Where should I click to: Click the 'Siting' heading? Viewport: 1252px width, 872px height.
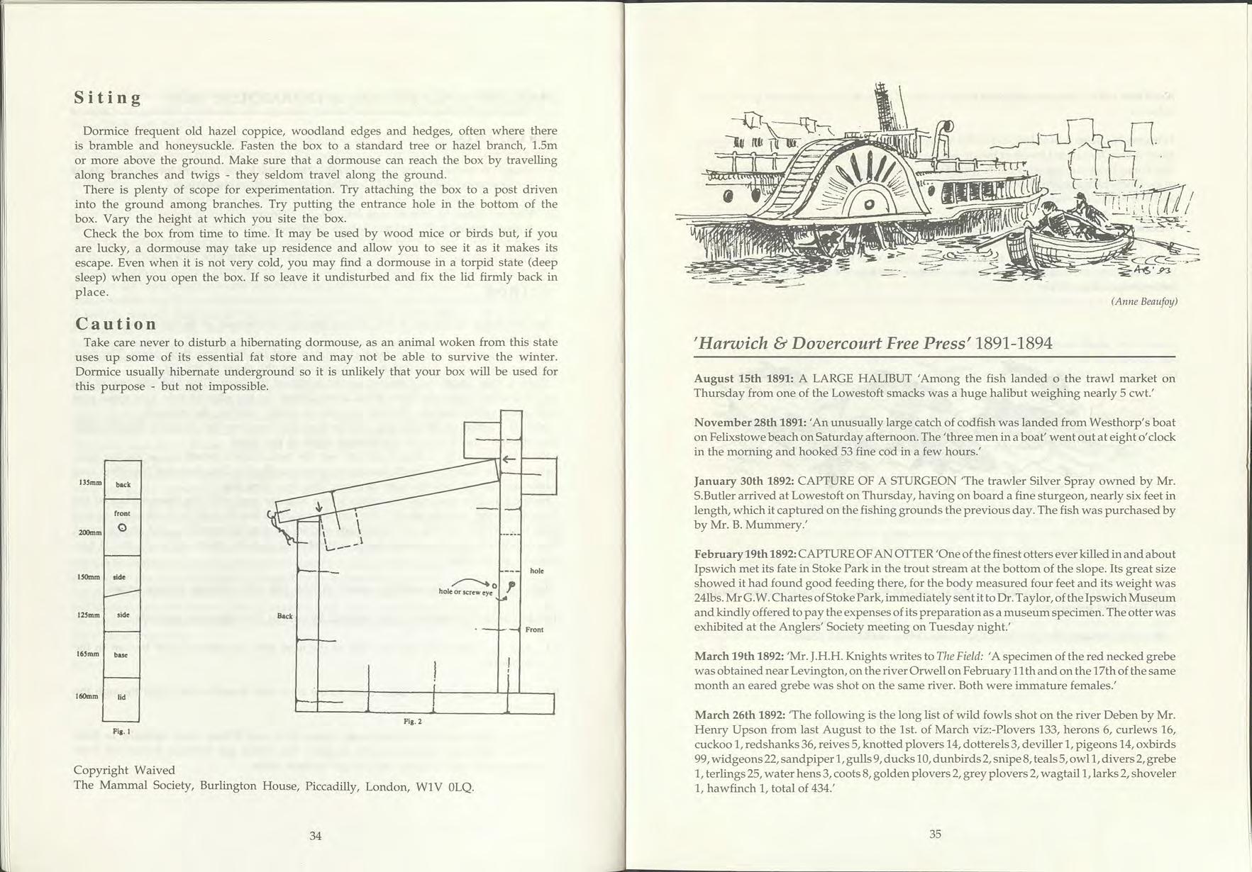(x=108, y=98)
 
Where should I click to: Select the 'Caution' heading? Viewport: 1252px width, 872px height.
(x=116, y=324)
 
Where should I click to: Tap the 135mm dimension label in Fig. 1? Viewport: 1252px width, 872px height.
(x=89, y=482)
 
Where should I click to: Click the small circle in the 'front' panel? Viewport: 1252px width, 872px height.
(x=122, y=527)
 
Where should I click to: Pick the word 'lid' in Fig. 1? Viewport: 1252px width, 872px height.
(x=121, y=697)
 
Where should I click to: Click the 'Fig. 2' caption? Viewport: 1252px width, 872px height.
(x=413, y=721)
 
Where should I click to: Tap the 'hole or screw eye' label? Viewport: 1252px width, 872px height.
(x=465, y=591)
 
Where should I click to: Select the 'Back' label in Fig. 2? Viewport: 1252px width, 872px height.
(x=285, y=616)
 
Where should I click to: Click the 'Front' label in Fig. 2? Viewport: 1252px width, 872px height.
(x=535, y=630)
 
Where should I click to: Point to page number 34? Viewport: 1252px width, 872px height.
(x=316, y=836)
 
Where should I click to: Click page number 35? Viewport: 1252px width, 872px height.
(x=935, y=834)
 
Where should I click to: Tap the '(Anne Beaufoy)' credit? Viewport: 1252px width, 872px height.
(x=1143, y=301)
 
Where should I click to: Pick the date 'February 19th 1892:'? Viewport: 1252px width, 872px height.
(x=745, y=554)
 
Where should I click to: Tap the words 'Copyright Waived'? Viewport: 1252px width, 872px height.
(x=124, y=770)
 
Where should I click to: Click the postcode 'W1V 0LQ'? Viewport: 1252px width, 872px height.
(x=449, y=786)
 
